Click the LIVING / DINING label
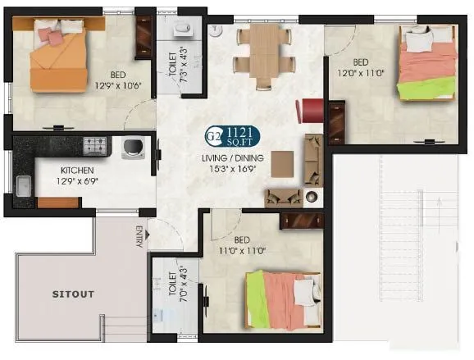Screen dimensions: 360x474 pos(237,157)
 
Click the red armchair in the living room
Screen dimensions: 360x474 pos(311,110)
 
